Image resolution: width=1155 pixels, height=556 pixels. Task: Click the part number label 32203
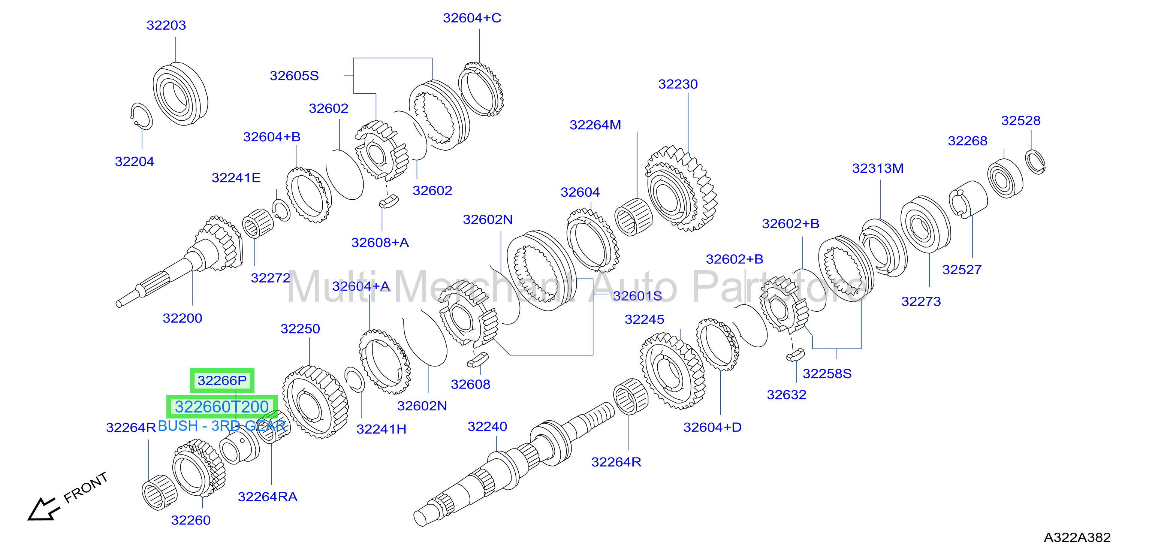pyautogui.click(x=166, y=25)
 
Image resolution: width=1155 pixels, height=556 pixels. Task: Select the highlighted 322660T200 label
pyautogui.click(x=221, y=407)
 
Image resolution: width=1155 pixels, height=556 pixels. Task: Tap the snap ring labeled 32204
pyautogui.click(x=141, y=116)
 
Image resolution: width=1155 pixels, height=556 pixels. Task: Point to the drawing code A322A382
pyautogui.click(x=1077, y=537)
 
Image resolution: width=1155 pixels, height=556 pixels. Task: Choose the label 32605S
pyautogui.click(x=294, y=76)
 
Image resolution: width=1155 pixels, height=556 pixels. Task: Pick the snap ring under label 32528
pyautogui.click(x=1035, y=162)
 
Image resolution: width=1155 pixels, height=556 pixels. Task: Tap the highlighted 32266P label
pyautogui.click(x=222, y=380)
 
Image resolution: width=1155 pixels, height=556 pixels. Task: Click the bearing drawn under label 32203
pyautogui.click(x=180, y=94)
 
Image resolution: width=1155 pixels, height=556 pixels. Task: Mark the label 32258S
pyautogui.click(x=827, y=374)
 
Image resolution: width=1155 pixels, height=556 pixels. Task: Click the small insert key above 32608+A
pyautogui.click(x=389, y=201)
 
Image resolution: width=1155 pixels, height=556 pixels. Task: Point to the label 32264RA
pyautogui.click(x=268, y=497)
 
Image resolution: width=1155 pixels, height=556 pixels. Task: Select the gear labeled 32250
pyautogui.click(x=315, y=402)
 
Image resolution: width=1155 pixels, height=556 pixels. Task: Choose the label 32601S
pyautogui.click(x=637, y=296)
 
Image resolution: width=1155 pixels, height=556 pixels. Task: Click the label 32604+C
pyautogui.click(x=472, y=18)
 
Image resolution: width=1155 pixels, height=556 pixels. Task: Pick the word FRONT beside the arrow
pyautogui.click(x=86, y=487)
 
